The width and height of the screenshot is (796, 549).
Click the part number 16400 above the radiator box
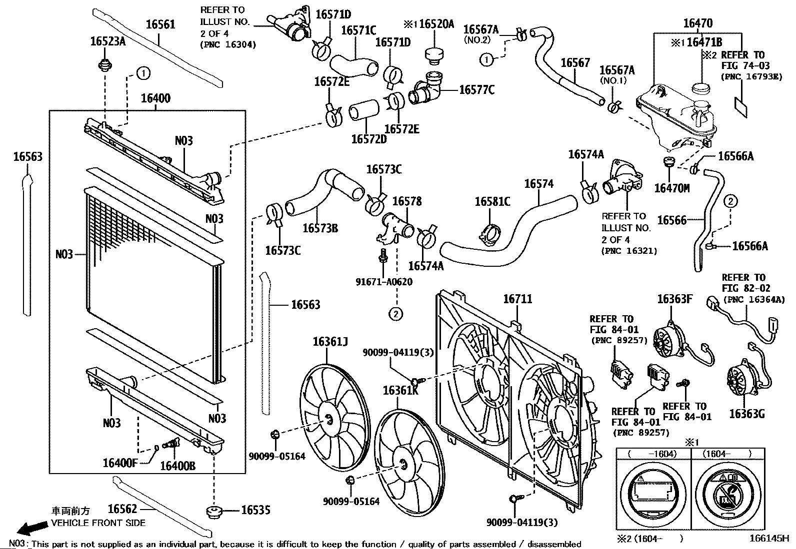(155, 98)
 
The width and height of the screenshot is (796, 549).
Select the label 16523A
(108, 41)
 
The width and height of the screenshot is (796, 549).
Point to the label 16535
(255, 510)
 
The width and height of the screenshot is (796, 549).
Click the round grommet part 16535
(214, 512)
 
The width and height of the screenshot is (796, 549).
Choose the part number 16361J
(330, 342)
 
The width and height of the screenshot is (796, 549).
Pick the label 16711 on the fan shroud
(517, 299)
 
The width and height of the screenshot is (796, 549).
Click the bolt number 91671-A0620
(384, 282)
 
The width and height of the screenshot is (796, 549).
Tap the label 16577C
(476, 89)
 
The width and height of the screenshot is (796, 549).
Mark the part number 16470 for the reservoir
(697, 23)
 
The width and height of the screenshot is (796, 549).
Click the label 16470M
(671, 188)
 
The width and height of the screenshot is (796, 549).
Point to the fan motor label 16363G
(746, 414)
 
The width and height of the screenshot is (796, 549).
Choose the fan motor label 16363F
(674, 299)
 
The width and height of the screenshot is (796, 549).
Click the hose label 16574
(538, 184)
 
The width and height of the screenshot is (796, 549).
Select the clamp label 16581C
(492, 201)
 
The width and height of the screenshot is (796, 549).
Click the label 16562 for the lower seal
(122, 509)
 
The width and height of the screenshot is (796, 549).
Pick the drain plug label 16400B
(177, 465)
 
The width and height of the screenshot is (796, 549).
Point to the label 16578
(407, 201)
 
